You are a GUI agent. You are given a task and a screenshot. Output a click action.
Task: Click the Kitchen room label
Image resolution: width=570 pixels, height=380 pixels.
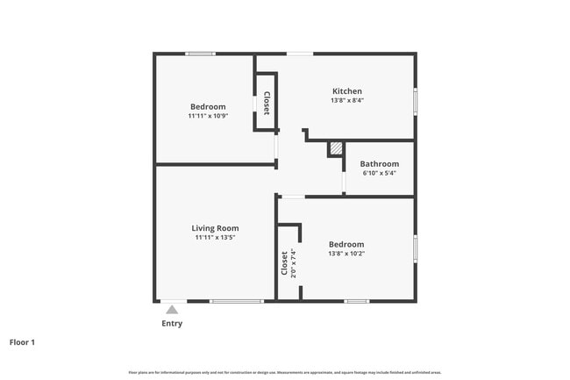346,91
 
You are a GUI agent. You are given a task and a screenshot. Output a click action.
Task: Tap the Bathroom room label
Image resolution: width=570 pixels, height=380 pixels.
379,164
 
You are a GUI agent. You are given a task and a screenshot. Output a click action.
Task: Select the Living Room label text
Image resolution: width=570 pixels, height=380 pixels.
215,228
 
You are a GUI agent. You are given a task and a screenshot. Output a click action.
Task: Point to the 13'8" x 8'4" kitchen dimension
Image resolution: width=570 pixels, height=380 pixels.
346,101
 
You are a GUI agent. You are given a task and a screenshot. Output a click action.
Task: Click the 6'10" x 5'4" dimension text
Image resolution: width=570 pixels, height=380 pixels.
379,173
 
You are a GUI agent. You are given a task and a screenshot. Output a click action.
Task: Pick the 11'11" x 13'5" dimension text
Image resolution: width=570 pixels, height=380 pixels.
215,237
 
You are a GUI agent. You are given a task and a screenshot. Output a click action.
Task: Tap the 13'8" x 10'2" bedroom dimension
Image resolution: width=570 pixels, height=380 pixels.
346,254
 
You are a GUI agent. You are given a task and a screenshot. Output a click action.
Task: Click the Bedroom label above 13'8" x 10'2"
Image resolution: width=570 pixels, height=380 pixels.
346,244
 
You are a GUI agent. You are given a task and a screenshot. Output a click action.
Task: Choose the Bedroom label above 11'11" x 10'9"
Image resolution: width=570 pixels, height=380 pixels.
207,107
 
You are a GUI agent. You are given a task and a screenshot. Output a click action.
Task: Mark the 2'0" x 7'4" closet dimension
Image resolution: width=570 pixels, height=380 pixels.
293,262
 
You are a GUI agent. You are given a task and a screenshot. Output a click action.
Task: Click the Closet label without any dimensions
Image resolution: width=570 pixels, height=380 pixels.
266,103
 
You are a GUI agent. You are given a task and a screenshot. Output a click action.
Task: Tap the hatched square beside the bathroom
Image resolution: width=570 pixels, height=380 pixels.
335,149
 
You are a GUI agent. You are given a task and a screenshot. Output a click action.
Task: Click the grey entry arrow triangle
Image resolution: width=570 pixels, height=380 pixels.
172,309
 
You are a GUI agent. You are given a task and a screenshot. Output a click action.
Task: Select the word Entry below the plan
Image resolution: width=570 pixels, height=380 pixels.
172,323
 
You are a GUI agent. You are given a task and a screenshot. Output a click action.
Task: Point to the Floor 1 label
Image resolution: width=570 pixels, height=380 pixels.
23,342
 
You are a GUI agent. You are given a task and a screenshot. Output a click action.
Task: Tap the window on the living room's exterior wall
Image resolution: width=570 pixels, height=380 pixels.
237,301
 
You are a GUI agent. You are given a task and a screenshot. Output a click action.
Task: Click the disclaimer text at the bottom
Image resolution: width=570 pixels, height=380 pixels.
285,371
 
